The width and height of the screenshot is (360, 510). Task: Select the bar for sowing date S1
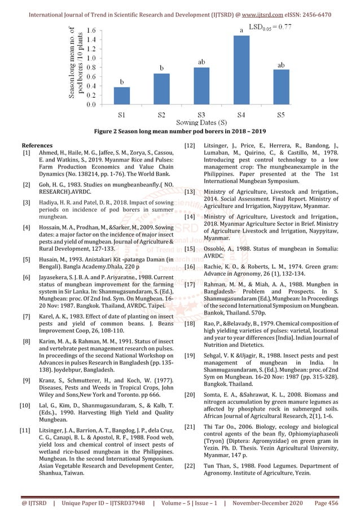[121, 95]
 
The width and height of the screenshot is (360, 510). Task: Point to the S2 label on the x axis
[161, 115]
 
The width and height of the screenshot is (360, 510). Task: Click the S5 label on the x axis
[281, 115]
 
